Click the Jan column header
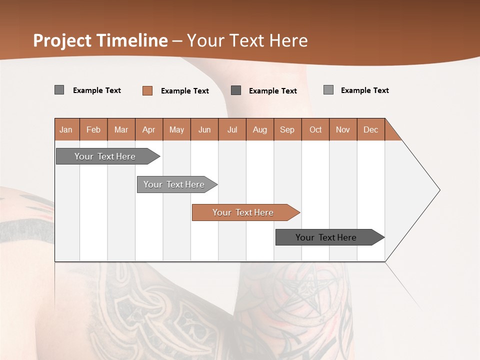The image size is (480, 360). point(66,129)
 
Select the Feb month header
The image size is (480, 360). point(93,129)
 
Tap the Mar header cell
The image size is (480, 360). point(121,129)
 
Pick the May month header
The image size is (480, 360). point(176,129)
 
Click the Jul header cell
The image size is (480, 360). point(232,129)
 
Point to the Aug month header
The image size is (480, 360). point(260,129)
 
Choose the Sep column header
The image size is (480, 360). point(287,129)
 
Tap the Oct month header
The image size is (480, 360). point(315,129)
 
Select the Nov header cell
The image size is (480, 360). point(343,129)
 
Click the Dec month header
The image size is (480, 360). point(371,129)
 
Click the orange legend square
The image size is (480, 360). point(147,90)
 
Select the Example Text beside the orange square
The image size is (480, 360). point(185,91)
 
